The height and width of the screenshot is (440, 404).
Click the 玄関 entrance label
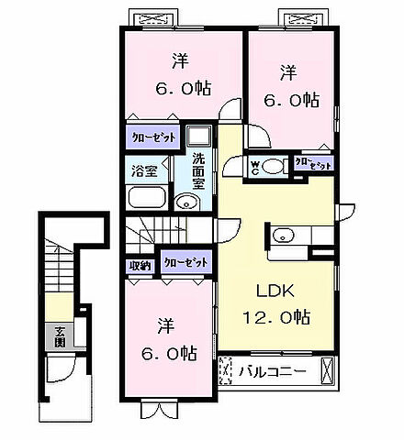point(59,335)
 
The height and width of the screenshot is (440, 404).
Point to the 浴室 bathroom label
point(143,170)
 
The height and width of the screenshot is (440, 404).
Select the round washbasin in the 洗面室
point(186,203)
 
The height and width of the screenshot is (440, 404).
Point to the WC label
point(255,166)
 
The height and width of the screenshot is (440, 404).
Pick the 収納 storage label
point(140,265)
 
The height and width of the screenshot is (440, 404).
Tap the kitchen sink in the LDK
point(281,235)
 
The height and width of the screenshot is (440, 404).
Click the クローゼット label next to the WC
point(313,165)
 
